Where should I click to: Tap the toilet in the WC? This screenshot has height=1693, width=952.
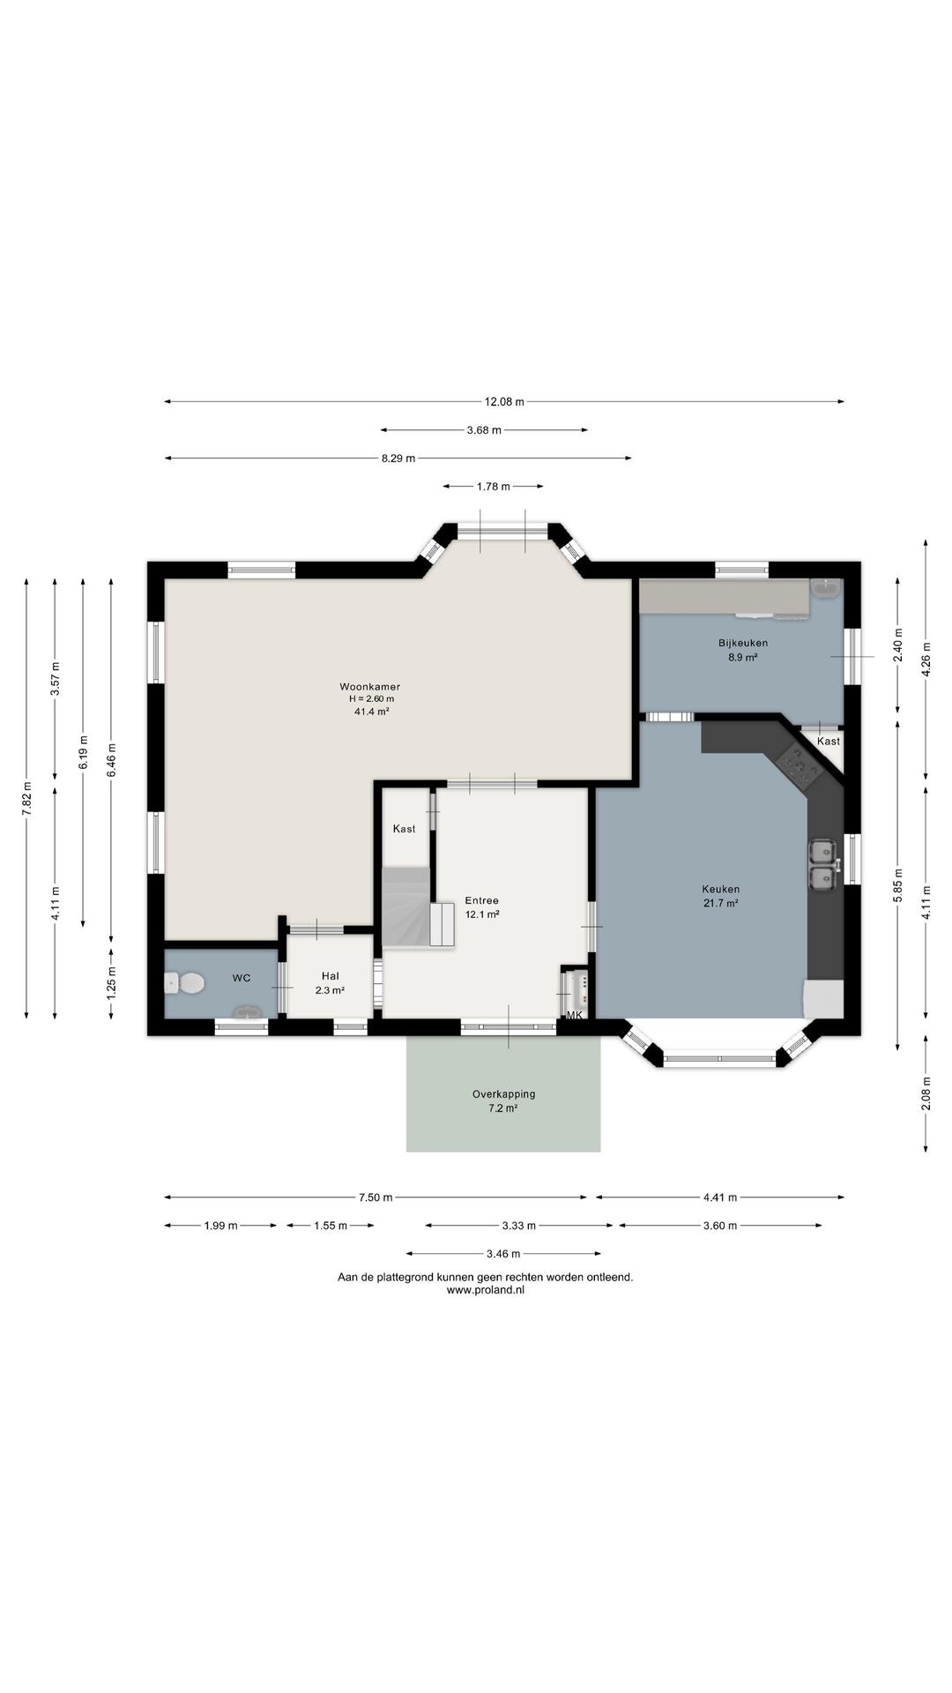pos(184,982)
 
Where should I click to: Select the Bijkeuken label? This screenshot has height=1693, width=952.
pos(743,643)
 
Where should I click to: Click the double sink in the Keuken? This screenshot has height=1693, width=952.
pos(823,865)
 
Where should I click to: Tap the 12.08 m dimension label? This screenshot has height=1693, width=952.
pos(504,402)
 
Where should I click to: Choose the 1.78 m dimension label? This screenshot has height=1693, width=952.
pos(494,486)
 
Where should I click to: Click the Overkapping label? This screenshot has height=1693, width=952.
pos(503,1094)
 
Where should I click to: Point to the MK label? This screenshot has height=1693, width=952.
pos(575,1016)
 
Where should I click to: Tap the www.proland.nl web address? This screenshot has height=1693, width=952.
pos(486,1289)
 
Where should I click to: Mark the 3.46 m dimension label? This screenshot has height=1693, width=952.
pos(503,1254)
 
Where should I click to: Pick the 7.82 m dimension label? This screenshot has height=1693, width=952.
pos(26,799)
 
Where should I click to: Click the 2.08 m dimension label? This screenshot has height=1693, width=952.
pos(926,1093)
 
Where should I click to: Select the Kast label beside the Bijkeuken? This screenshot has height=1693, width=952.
pos(829,742)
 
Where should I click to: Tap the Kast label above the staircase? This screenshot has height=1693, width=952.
pos(405,829)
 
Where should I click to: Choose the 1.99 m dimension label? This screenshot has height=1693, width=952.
pos(220,1226)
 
